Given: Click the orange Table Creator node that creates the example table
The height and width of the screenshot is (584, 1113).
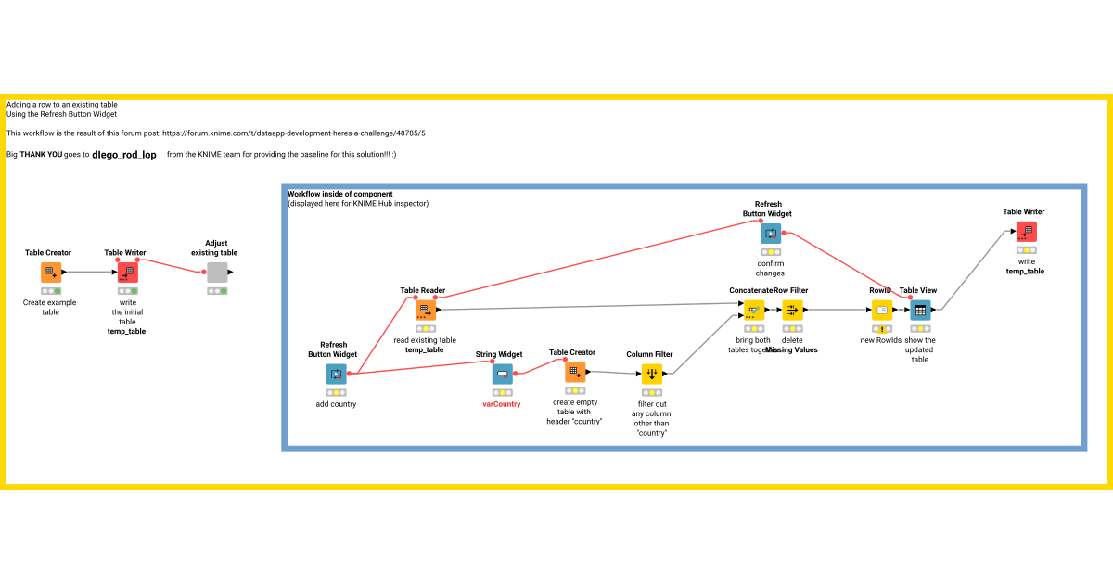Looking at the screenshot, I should (51, 273).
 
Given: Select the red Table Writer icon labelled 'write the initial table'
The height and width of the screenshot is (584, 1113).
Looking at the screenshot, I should (127, 273).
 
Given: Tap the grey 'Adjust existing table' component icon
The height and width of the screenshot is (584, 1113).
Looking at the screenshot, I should (217, 273).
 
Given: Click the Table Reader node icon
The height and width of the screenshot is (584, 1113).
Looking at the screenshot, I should (425, 310).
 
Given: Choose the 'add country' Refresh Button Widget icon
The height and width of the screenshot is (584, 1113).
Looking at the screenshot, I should (336, 374).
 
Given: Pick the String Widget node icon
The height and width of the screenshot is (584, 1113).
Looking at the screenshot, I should (502, 374).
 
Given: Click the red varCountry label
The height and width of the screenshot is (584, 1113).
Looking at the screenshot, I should (502, 404).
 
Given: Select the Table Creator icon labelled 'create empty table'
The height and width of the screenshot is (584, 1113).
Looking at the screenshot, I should (575, 372).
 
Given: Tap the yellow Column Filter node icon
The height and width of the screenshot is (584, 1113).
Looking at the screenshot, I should (652, 374).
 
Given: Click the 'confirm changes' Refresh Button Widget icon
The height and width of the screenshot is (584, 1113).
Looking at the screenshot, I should (770, 233).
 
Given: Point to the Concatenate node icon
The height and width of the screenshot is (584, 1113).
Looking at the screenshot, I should (753, 310).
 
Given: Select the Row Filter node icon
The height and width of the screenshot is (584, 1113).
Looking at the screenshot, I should (792, 310).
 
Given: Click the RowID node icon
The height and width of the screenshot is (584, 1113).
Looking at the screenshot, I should (881, 310).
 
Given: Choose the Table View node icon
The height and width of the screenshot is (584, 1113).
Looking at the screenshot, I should (919, 310).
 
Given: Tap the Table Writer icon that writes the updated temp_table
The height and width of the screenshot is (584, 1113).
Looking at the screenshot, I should (1026, 232).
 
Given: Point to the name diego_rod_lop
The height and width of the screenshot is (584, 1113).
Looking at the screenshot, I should (124, 155).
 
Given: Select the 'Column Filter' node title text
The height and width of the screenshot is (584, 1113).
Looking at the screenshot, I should (649, 354).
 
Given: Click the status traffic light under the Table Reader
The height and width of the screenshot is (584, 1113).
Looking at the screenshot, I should (425, 328).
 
